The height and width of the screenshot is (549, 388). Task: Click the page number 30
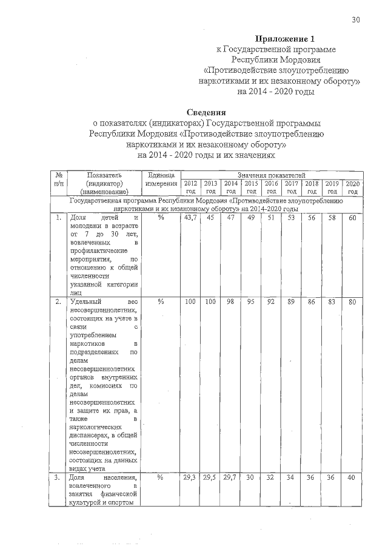(356, 20)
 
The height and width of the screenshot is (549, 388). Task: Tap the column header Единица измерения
(161, 179)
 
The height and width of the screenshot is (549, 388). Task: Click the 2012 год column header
(190, 187)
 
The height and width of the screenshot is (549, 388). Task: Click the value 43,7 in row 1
(190, 218)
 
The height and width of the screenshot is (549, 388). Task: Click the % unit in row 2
(161, 301)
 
